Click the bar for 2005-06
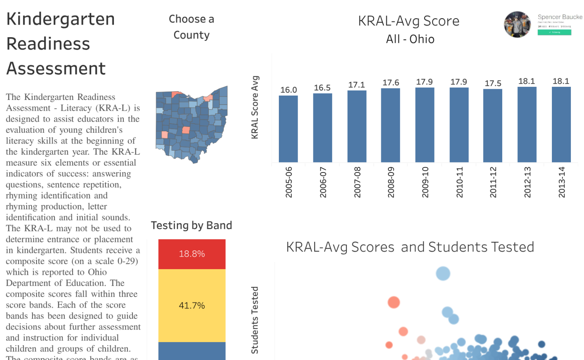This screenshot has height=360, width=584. [288, 129]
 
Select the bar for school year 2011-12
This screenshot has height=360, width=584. [493, 126]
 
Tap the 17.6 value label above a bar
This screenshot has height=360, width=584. [391, 82]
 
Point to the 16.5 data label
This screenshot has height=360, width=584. [322, 88]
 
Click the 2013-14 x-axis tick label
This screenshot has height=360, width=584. [561, 182]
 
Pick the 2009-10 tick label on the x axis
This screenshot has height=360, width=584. [425, 182]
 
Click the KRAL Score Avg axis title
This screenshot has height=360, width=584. [255, 107]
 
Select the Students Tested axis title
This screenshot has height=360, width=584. [255, 320]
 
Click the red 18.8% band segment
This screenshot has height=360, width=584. [192, 254]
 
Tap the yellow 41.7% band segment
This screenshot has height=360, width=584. [192, 306]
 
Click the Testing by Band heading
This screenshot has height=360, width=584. [191, 225]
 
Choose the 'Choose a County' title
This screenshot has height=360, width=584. [191, 27]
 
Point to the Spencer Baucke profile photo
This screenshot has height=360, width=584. [517, 25]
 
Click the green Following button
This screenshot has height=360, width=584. [554, 33]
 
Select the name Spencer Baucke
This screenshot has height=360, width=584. [560, 17]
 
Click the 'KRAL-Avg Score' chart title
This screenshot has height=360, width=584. [409, 21]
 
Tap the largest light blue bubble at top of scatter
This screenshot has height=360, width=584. [443, 273]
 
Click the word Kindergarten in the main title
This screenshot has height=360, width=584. [61, 19]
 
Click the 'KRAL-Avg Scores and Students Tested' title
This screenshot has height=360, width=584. [410, 247]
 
